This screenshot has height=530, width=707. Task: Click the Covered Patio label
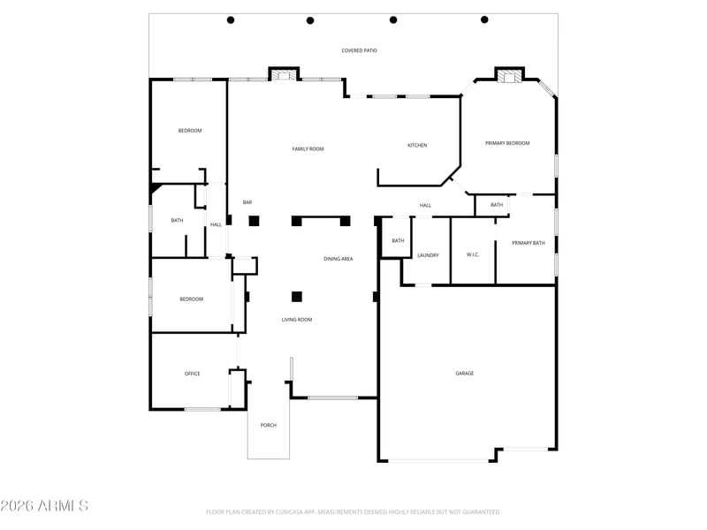coord(360,50)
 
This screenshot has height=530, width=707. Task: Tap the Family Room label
coord(308,148)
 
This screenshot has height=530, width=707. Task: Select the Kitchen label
coord(417,145)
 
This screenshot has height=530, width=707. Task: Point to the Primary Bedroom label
coord(507,143)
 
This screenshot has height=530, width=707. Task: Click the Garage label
coord(465,373)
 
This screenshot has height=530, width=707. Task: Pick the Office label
coord(192,374)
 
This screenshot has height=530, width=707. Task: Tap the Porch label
coord(269,425)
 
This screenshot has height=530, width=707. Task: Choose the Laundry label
coord(428,255)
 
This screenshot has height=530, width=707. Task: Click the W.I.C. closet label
coord(473,254)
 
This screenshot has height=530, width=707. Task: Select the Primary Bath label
coord(528,243)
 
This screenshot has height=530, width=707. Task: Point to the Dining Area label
coord(338,259)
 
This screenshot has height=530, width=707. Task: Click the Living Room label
coord(297,320)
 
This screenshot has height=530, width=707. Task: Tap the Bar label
coord(247,202)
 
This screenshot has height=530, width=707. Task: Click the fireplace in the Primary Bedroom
coord(509,77)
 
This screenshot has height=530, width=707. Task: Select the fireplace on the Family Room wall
coord(284,75)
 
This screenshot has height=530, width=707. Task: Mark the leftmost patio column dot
coord(231,19)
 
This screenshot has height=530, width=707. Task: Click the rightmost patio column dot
coord(484,19)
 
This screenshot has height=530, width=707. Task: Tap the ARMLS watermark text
coord(44,505)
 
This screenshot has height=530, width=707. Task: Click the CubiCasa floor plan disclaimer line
coord(353,512)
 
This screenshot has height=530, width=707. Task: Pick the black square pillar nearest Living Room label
coord(297,297)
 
